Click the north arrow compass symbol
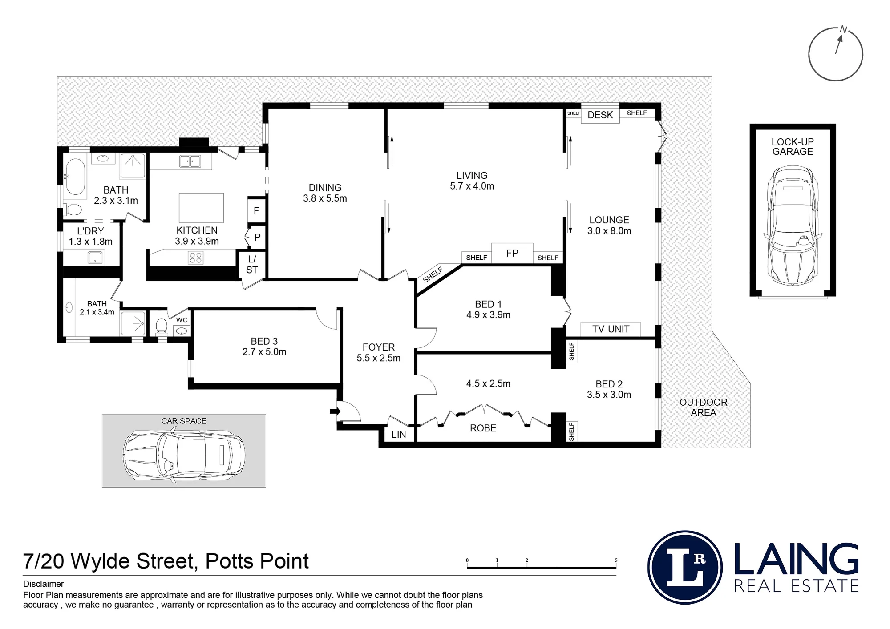(835, 54)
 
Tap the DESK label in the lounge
(600, 115)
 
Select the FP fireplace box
(512, 254)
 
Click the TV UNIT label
(611, 329)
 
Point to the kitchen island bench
(201, 207)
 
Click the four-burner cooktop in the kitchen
(196, 258)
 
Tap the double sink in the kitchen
(190, 161)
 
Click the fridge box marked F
(256, 210)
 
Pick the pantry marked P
(257, 238)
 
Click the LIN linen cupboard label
(399, 435)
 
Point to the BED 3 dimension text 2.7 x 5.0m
(264, 352)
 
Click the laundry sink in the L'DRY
(95, 257)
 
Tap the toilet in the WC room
(162, 326)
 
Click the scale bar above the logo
(542, 564)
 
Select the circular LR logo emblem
(685, 567)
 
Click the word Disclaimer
(44, 584)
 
